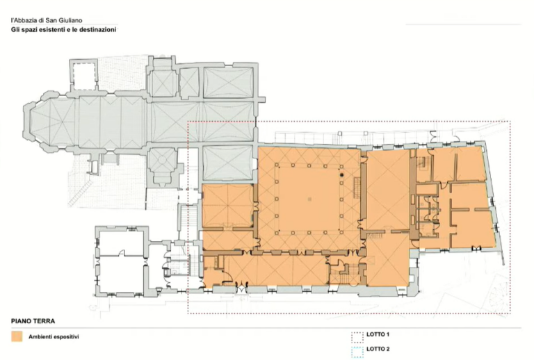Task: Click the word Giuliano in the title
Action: point(70,21)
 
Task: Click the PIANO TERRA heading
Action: point(33,321)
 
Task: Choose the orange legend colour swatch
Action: point(17,336)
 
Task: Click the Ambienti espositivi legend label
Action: point(54,337)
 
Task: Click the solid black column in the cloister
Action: point(341,175)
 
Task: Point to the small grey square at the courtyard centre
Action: point(309,199)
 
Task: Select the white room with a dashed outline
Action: point(83,76)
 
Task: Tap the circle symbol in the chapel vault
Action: point(162,160)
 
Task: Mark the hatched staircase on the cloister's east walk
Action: point(357,188)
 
